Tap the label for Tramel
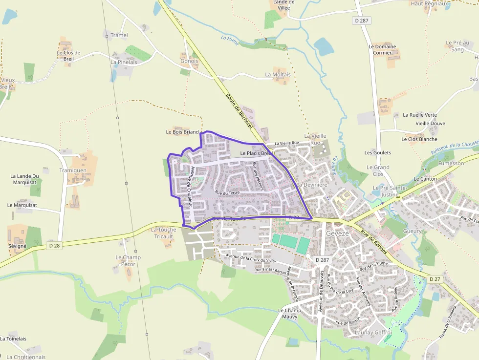click(119, 35)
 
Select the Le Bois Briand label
click(182, 132)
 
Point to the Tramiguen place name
click(73, 170)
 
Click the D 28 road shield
click(55, 246)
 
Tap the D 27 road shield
click(435, 278)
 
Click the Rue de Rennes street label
click(374, 241)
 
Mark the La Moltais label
click(278, 75)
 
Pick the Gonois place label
click(189, 62)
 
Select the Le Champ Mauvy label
click(290, 314)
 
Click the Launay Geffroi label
click(373, 333)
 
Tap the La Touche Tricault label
click(164, 233)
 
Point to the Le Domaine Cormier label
click(382, 50)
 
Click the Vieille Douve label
click(430, 124)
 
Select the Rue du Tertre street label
click(227, 193)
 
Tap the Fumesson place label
click(451, 163)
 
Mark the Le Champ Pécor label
click(128, 261)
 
